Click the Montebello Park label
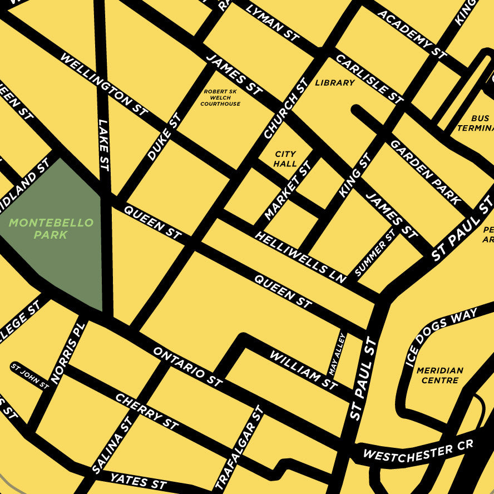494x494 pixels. pos(51,229)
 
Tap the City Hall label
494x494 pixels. pos(285,159)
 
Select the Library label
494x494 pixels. pos(334,83)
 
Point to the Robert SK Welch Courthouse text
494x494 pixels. pos(220,98)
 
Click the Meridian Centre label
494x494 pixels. pos(439,375)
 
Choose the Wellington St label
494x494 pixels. pos(104,84)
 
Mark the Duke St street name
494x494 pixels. pos(164,137)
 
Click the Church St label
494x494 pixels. pos(285,108)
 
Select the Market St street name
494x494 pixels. pos(288,191)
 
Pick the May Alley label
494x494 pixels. pos(338,354)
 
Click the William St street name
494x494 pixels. pos(303,369)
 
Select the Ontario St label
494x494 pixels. pos(187,367)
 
